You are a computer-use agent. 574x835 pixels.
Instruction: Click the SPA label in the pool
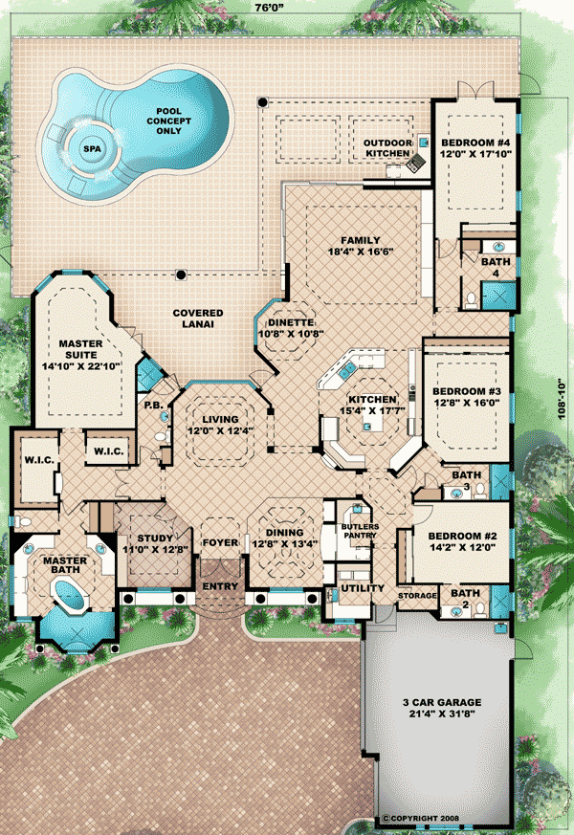pos(92,148)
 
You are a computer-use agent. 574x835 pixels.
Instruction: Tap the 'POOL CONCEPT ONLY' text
pos(168,121)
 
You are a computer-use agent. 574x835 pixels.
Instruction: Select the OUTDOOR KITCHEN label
pos(387,148)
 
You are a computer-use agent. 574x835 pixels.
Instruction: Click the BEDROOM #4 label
pos(475,143)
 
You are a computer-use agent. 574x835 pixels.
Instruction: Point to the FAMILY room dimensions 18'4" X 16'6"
pos(361,252)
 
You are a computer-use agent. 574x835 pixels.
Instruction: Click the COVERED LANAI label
pos(197,319)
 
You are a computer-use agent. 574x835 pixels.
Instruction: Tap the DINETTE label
pos(291,322)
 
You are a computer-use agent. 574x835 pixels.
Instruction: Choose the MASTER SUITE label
pos(81,349)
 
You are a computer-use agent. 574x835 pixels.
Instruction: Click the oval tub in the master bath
pos(70,594)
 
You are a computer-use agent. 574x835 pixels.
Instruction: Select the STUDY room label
pos(155,538)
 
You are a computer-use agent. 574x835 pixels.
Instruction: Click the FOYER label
pos(220,542)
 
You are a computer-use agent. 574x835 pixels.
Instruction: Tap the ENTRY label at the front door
pos(220,586)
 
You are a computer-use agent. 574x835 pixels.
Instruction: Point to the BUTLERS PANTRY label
pos(361,531)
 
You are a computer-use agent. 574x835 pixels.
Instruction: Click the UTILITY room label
pos(363,588)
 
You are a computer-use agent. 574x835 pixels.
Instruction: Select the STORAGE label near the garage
pos(417,595)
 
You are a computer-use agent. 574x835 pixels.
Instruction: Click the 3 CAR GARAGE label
pos(442,702)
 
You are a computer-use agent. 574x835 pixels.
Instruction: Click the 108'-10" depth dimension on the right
pos(562,399)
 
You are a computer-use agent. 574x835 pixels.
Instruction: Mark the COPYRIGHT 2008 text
pos(420,819)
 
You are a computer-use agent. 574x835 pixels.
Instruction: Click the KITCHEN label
pos(373,400)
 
